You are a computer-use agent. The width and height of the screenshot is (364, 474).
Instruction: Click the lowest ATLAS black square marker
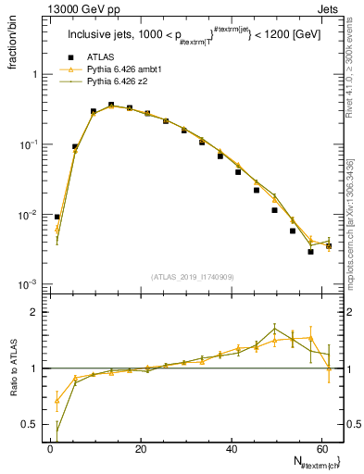click(x=311, y=252)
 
